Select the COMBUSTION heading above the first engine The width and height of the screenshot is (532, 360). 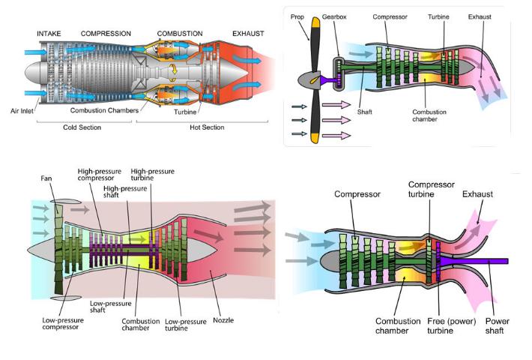[x=180, y=34]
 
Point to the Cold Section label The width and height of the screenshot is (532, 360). [x=81, y=127]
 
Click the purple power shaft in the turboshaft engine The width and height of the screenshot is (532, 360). [x=480, y=261]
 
